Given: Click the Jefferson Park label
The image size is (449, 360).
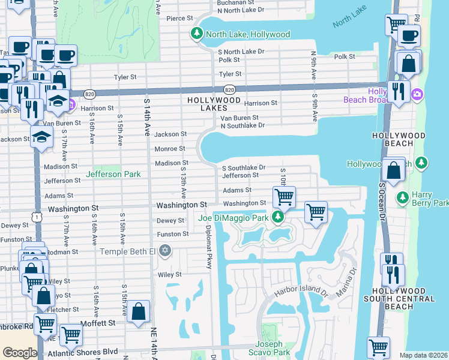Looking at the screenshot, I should click(x=113, y=175).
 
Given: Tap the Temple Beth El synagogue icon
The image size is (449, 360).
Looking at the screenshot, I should click(x=165, y=251).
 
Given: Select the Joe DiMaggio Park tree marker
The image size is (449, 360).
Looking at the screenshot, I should click(x=277, y=217).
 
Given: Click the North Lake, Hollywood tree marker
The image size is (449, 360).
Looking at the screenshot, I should click(x=196, y=34).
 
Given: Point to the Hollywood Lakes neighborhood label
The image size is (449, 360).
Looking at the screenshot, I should click(x=208, y=104).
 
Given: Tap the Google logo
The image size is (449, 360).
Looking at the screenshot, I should click(x=20, y=353).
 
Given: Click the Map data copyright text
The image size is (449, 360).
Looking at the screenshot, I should click(x=423, y=355).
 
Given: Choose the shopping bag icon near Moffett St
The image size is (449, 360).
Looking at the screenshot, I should click(x=138, y=311).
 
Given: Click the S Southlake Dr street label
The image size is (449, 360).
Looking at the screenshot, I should click(x=244, y=168).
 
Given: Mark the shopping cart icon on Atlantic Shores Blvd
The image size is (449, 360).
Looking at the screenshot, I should click(x=71, y=335).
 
